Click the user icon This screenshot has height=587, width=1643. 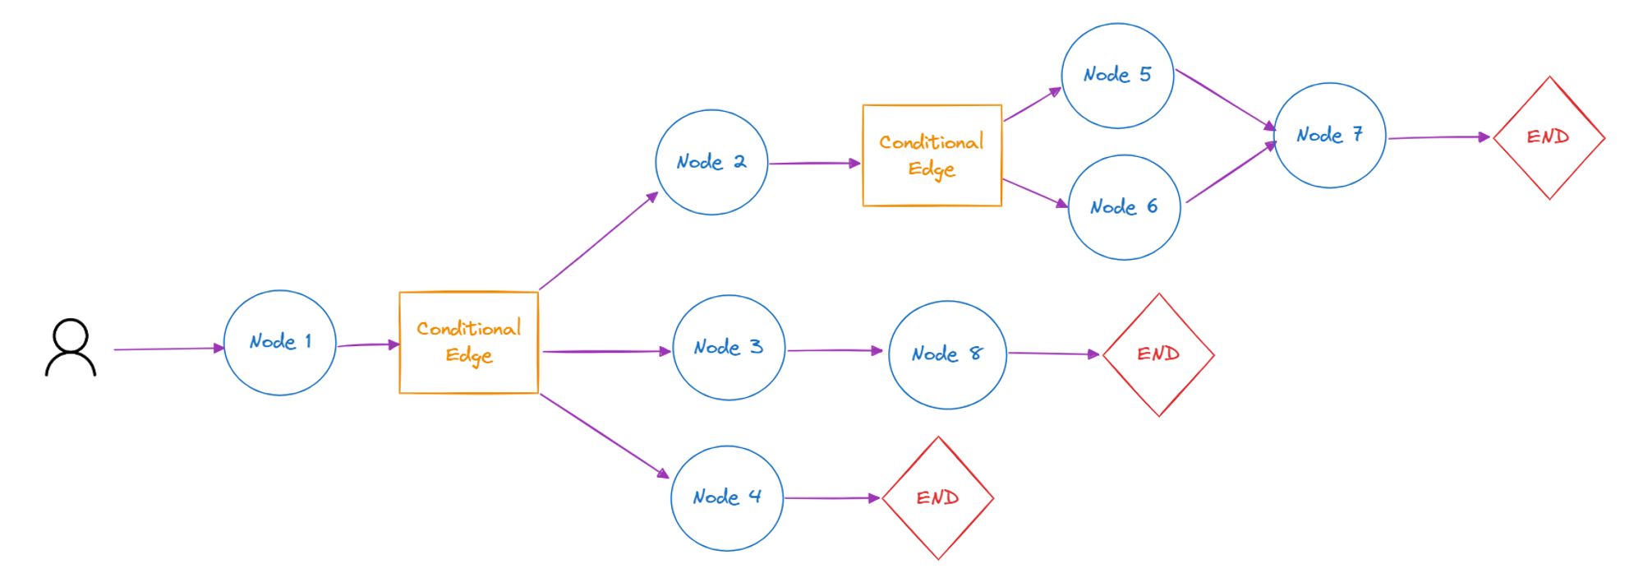71,348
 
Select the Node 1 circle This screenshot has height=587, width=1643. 280,342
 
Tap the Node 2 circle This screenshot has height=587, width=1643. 711,162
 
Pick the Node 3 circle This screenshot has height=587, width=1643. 729,347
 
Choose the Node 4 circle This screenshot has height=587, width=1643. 727,497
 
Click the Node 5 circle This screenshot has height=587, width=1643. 1117,75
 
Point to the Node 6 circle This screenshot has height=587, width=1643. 1124,207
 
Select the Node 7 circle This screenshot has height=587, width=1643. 1329,135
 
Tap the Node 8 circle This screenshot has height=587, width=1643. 947,354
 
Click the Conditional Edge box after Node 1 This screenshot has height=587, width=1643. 468,342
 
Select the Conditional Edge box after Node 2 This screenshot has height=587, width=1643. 932,155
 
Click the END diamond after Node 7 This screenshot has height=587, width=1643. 1549,137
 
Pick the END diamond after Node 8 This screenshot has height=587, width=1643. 1158,354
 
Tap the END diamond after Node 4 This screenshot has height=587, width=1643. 937,497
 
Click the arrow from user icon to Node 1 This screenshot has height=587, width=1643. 168,349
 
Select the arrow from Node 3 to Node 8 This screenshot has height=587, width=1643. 835,350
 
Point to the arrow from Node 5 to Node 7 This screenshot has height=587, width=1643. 1224,99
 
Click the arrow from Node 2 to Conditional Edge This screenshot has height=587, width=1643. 813,163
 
